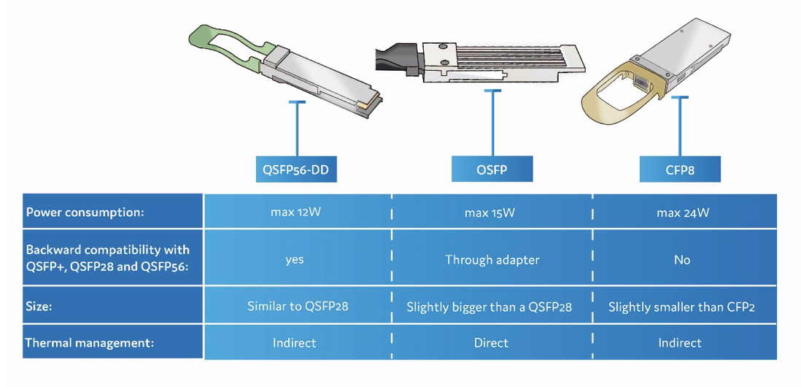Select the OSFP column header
click(x=492, y=169)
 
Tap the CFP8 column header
click(x=680, y=169)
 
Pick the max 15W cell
click(x=489, y=212)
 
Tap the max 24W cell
click(x=682, y=212)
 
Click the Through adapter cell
click(x=492, y=259)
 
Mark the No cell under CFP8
click(x=682, y=259)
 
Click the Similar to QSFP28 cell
click(x=298, y=306)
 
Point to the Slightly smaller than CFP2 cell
click(x=681, y=306)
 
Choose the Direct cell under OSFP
click(x=492, y=342)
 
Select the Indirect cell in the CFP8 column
click(x=680, y=342)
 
